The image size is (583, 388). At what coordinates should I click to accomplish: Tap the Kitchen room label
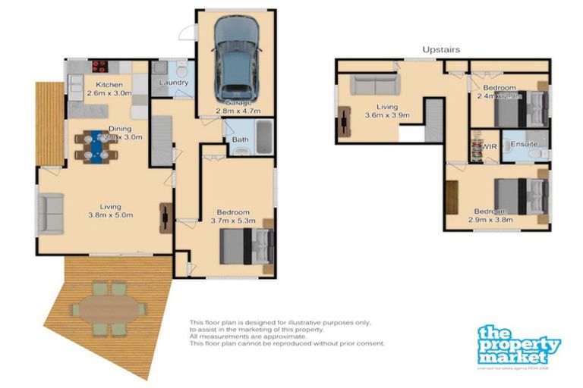click(99, 84)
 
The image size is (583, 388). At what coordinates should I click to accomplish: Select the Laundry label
click(172, 82)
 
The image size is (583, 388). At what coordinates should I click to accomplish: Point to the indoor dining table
click(96, 145)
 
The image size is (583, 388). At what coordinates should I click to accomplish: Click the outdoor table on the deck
click(106, 308)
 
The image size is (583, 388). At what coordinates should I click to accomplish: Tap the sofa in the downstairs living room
click(51, 211)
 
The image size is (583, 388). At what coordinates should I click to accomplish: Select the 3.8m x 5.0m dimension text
click(110, 215)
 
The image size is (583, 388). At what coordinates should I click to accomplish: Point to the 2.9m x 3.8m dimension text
click(490, 220)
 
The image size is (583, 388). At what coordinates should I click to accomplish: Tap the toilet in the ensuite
click(537, 154)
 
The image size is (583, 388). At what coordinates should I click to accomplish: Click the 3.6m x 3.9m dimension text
click(387, 116)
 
